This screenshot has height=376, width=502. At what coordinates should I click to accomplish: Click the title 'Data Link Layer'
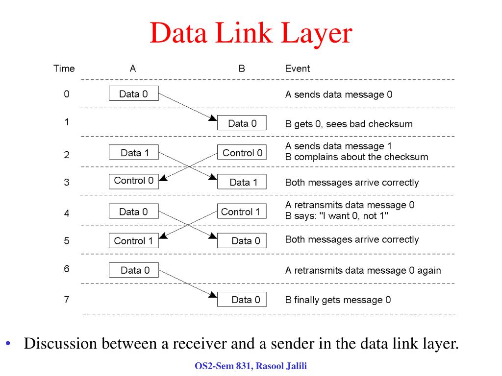(x=251, y=33)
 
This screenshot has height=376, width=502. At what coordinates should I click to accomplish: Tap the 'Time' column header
(x=64, y=69)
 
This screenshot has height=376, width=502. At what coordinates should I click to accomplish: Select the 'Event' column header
(x=298, y=69)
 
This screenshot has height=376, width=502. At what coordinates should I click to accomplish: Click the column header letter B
(x=242, y=69)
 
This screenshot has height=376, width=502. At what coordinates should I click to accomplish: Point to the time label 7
(x=67, y=300)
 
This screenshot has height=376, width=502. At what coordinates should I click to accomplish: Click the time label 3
(x=67, y=182)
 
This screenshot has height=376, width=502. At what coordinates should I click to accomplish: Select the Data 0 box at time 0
(x=133, y=94)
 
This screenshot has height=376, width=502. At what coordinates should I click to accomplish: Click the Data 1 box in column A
(x=133, y=152)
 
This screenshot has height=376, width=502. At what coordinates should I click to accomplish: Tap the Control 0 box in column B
(x=242, y=152)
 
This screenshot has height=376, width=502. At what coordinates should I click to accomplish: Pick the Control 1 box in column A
(x=133, y=240)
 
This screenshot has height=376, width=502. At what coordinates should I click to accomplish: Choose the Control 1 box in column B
(x=242, y=211)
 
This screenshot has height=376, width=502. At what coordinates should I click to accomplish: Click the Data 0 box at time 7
(x=242, y=299)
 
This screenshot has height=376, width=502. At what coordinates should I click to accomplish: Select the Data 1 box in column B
(x=242, y=182)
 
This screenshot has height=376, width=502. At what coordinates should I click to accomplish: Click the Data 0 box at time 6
(x=133, y=270)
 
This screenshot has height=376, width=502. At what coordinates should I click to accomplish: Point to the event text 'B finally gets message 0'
(x=338, y=300)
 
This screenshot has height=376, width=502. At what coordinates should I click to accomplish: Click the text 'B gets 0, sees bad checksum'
(x=349, y=124)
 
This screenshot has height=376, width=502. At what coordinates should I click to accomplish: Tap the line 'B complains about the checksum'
(x=356, y=157)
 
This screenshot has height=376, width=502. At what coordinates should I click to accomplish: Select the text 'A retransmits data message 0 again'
(x=363, y=270)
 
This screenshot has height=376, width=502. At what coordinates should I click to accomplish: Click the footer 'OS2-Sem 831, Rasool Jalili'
(x=251, y=366)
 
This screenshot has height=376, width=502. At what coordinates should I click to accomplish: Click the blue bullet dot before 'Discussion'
(x=8, y=344)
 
